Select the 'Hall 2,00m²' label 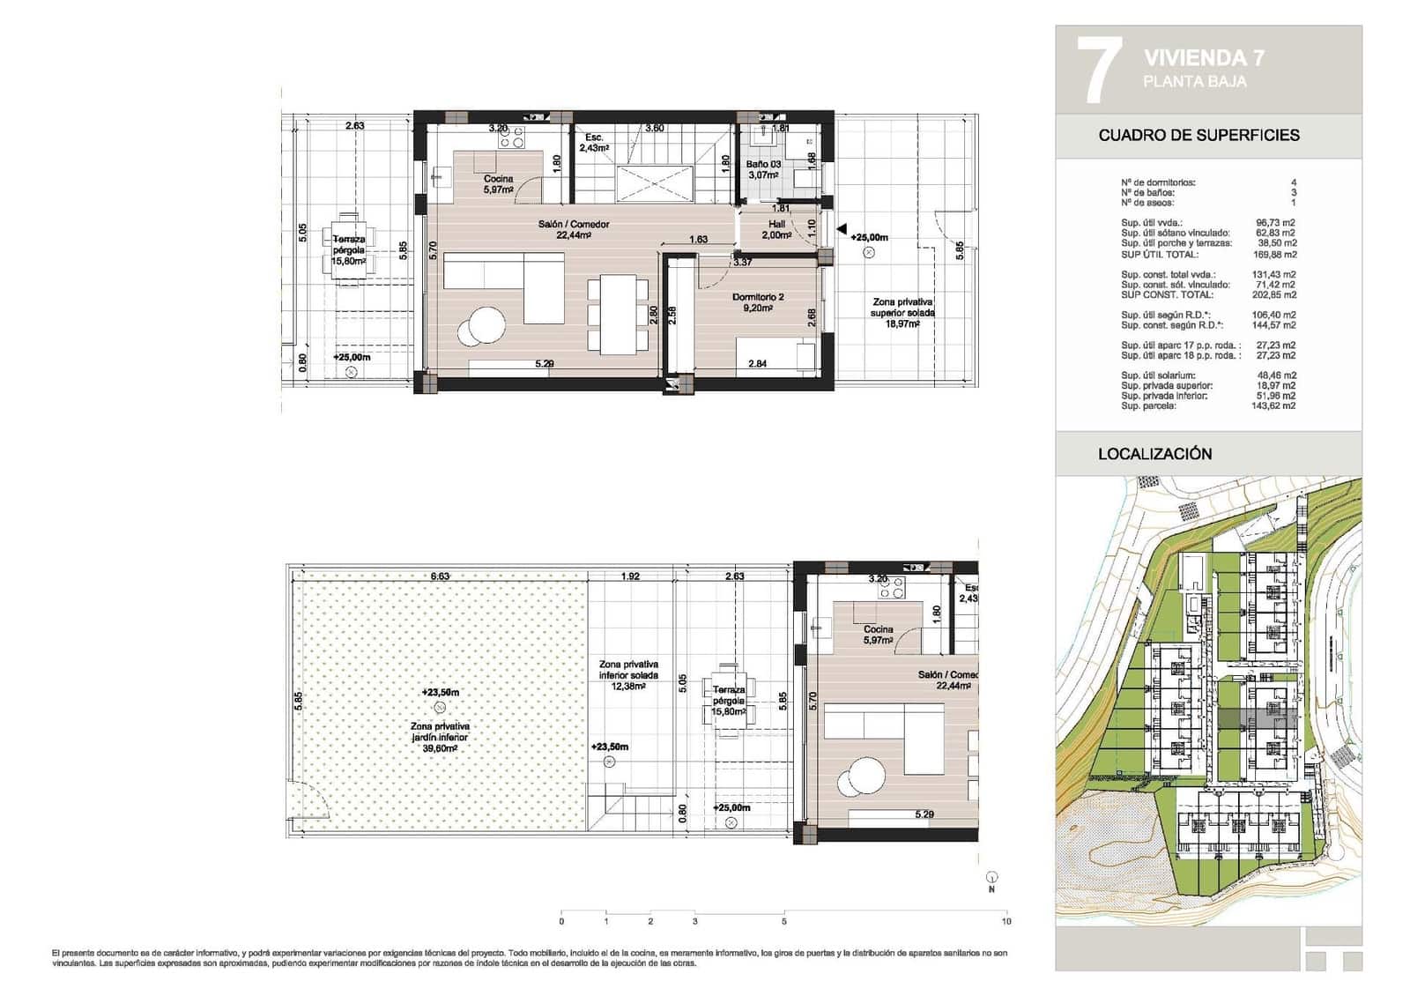(775, 229)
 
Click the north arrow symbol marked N (992, 878)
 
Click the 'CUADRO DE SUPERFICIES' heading (1198, 135)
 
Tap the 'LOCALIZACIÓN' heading (1154, 454)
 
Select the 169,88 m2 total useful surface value (1275, 255)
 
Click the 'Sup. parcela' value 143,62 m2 (1275, 406)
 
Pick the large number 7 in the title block (1098, 71)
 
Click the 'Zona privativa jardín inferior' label (440, 737)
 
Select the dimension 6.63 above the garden (440, 576)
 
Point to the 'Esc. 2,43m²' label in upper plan (594, 143)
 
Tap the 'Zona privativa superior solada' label (902, 312)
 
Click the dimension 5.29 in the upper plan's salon (545, 363)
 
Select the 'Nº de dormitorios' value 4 (1294, 182)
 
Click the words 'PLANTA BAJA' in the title (1194, 81)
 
